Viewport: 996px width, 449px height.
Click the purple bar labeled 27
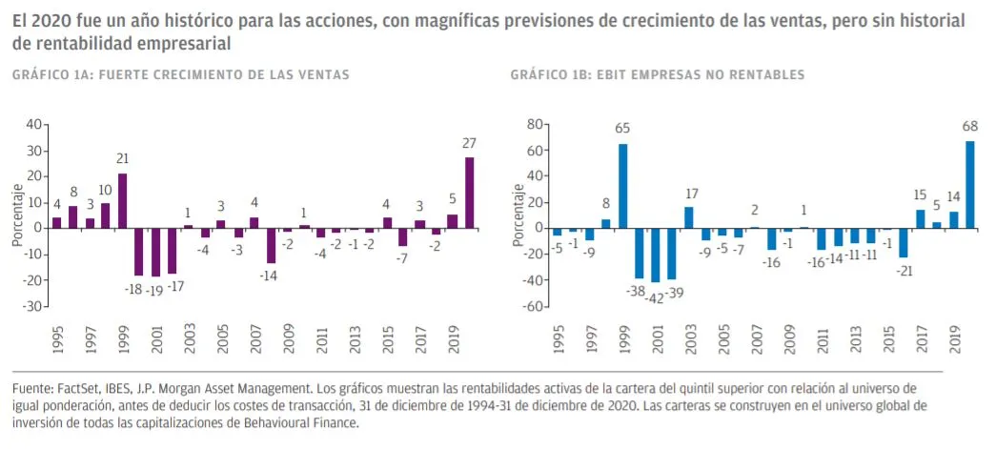469,193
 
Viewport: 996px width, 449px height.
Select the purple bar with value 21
122,201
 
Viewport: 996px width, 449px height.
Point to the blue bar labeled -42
655,255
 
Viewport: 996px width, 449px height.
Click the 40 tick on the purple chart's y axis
33,125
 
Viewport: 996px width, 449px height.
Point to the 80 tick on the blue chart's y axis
534,125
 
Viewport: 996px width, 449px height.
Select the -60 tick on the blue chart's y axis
530,307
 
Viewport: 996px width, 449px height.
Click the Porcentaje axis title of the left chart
17,215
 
